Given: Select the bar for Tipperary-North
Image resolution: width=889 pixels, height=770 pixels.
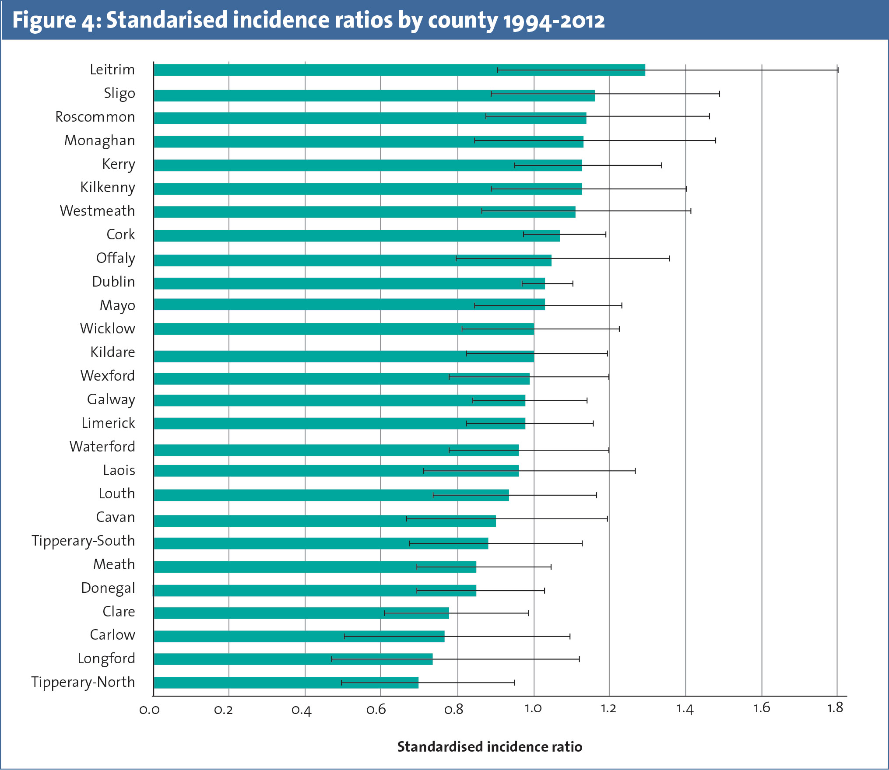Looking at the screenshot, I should [x=286, y=682].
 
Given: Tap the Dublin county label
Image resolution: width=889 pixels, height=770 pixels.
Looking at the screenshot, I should [x=113, y=282].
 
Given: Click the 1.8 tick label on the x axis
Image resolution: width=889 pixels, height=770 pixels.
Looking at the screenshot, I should [x=835, y=708].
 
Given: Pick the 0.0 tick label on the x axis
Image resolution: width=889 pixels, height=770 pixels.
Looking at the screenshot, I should [x=149, y=709].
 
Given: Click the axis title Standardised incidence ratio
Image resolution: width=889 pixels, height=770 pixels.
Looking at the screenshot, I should [x=489, y=746].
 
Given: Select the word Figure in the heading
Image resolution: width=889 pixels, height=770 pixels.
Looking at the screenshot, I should [x=44, y=21].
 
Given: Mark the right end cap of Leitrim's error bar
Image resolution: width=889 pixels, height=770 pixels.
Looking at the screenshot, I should [x=837, y=70].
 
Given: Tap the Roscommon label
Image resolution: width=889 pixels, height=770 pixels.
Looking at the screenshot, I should [x=95, y=117].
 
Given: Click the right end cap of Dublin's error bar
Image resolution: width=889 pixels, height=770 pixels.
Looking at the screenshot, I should [x=573, y=283].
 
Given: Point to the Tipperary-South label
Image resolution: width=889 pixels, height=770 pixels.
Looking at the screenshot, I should [x=83, y=541].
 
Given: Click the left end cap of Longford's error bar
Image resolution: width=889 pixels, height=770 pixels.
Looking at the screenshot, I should [x=332, y=659].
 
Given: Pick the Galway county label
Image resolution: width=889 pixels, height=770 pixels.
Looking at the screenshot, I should [x=111, y=399].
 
